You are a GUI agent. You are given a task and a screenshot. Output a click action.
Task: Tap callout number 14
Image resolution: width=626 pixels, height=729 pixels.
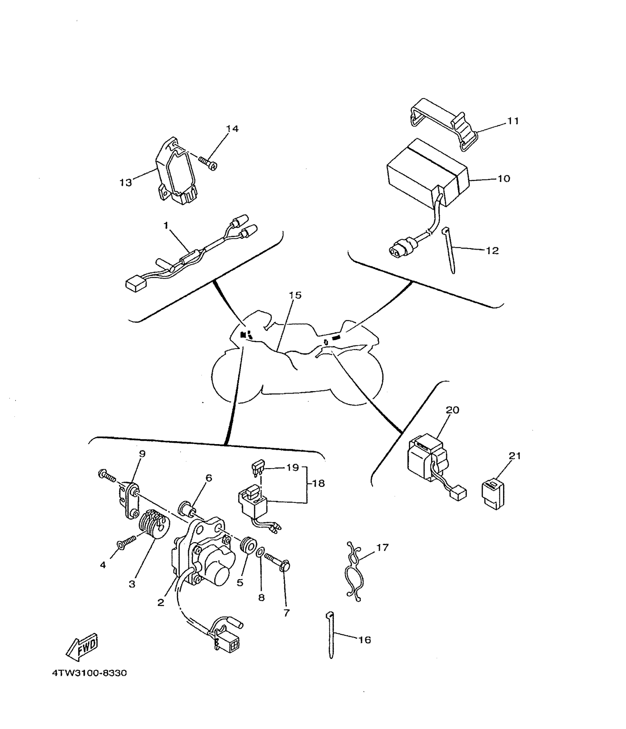pyautogui.click(x=232, y=129)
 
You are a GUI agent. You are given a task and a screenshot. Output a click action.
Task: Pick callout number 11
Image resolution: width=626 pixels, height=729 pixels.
pyautogui.click(x=513, y=121)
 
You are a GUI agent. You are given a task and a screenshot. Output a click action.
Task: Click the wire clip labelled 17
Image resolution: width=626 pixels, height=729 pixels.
pyautogui.click(x=354, y=573)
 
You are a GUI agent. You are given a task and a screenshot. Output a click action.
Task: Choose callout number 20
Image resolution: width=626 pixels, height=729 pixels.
pyautogui.click(x=453, y=410)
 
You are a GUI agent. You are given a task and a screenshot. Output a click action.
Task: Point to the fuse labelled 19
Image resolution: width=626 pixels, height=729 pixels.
pyautogui.click(x=257, y=468)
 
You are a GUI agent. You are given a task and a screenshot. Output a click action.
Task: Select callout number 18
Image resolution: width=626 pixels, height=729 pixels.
pyautogui.click(x=319, y=483)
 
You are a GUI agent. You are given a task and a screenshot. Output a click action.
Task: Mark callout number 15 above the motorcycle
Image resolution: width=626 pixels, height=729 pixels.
pyautogui.click(x=295, y=295)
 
